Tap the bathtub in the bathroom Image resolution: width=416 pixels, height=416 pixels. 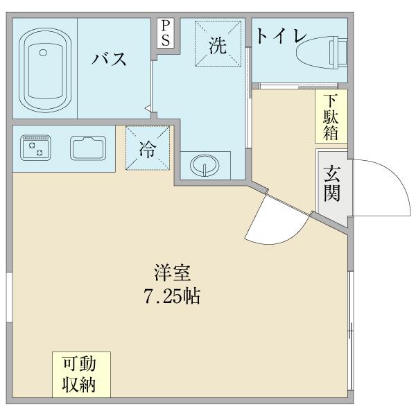(45, 68)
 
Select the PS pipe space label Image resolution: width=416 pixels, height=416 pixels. (166, 33)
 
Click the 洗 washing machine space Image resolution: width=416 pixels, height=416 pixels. (218, 46)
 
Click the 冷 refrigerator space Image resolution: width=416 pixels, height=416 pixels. (148, 148)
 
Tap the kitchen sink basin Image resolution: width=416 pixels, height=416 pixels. (87, 147)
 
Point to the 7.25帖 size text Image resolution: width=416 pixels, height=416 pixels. (173, 297)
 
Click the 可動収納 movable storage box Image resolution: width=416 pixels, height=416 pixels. (81, 374)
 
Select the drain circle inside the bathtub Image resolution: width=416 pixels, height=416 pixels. (43, 52)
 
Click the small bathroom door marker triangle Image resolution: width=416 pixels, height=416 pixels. (148, 107)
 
